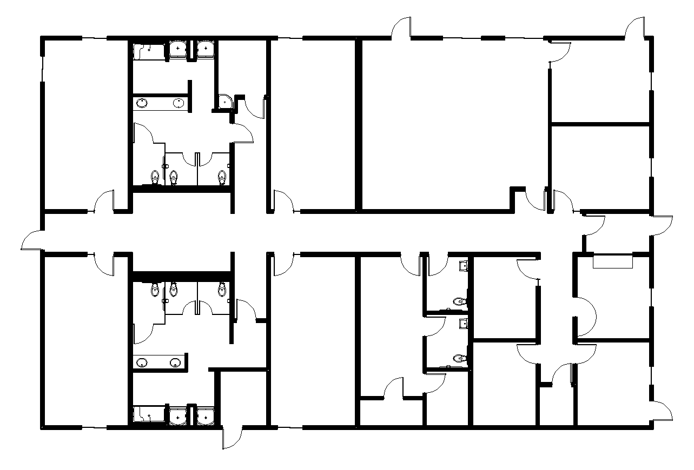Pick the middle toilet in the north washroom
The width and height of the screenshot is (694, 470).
[173, 177]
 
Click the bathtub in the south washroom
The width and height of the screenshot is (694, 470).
[148, 415]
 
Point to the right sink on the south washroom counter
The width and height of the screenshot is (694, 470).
[175, 362]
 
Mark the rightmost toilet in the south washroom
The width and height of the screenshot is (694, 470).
[221, 290]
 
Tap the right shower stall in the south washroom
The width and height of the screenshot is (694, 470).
[205, 415]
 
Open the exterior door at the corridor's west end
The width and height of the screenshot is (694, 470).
[32, 240]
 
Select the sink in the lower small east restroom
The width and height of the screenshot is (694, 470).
[463, 324]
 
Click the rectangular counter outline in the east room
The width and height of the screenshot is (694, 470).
[613, 261]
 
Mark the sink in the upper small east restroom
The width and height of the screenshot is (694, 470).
[463, 265]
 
